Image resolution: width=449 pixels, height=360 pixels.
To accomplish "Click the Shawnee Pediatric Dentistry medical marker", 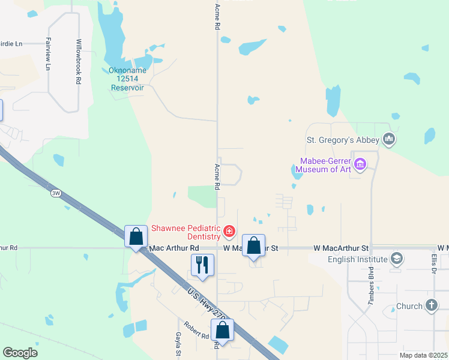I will coord(229,231).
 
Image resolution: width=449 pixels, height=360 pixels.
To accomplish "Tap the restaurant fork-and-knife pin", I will coord(202,264).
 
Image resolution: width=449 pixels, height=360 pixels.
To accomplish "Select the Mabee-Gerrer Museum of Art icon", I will coord(360,164).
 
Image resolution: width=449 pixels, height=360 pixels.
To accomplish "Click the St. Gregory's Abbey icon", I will coord(390,140).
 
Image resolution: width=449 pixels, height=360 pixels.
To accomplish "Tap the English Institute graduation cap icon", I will coord(396,259).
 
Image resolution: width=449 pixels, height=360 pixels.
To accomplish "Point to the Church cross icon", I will coord(431,305).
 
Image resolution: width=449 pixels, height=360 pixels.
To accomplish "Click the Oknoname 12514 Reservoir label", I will coord(127,79).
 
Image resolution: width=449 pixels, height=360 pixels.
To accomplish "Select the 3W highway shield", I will coord(56,193).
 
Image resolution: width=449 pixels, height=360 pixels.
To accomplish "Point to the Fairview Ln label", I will coord(47,54).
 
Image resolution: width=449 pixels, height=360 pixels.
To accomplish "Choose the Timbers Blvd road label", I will coord(372,284).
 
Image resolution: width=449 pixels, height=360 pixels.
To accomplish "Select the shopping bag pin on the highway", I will coord(136,236).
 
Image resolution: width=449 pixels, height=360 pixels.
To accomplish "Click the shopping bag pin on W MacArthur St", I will coord(254,245).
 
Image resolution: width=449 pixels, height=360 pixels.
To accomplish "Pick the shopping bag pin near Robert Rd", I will coord(222,329).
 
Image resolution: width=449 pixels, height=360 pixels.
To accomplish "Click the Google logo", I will coord(20,353).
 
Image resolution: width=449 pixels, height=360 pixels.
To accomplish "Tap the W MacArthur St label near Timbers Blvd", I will coord(339,248).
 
